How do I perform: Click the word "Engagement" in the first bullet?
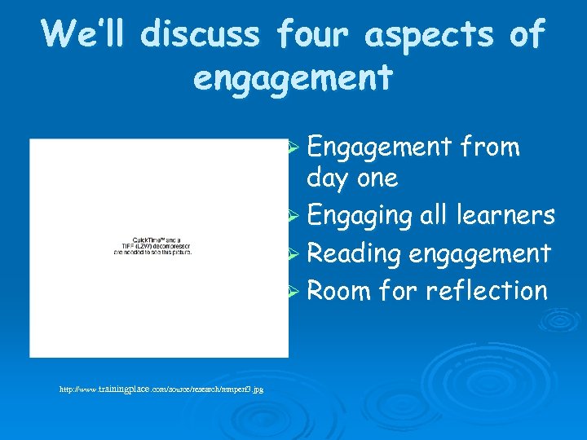coord(379,147)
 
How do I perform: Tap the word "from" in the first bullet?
coord(490,147)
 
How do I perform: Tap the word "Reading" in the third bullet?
coord(353,253)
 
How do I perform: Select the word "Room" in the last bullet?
coord(338,290)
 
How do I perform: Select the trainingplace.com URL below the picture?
coord(161,390)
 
